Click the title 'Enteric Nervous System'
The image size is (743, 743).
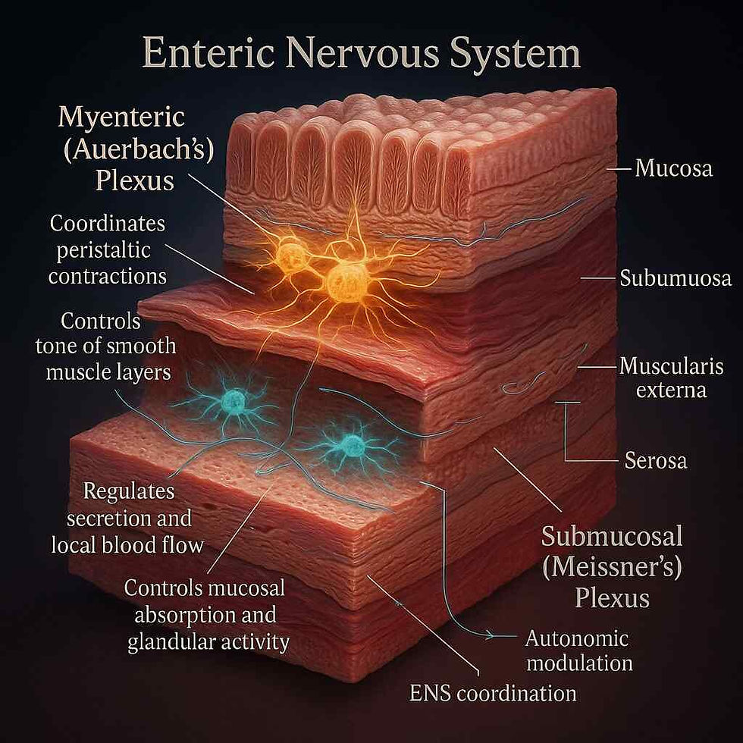[360, 56]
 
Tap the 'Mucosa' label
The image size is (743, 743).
[673, 168]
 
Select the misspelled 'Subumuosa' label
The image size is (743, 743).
[675, 278]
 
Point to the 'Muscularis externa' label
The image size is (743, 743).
[663, 378]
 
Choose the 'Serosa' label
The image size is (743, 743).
[655, 459]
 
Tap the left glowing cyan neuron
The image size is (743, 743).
[233, 400]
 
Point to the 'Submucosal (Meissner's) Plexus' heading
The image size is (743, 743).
[611, 567]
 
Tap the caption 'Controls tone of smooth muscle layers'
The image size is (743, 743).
[106, 346]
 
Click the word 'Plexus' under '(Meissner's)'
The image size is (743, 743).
[611, 598]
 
